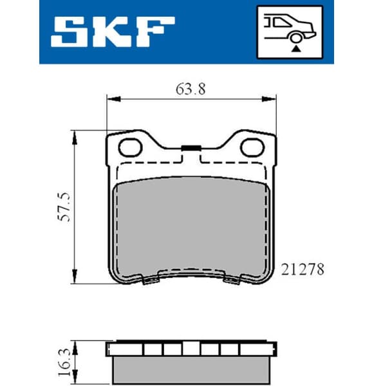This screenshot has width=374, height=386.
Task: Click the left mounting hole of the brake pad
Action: tap(131, 148)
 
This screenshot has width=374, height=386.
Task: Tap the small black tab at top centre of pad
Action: tap(190, 149)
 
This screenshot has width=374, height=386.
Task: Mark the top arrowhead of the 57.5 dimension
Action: tap(75, 136)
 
